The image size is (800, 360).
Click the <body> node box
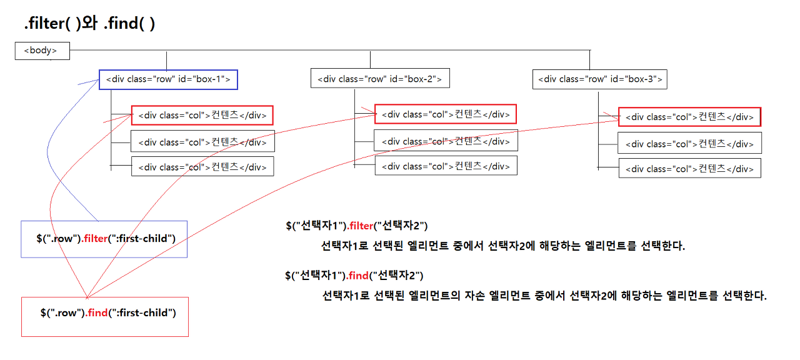point(42,51)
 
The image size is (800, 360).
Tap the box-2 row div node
point(380,79)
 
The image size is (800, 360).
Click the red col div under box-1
point(202,116)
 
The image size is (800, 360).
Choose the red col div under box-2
point(445,114)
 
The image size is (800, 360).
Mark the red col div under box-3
point(689,117)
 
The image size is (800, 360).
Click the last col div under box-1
point(202,166)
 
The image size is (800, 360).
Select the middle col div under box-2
point(446,141)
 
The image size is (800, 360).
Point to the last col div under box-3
point(690,168)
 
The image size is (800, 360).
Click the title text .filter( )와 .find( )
point(89,24)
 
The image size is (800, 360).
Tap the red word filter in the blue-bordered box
point(94,238)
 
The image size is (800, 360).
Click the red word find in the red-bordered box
point(97,312)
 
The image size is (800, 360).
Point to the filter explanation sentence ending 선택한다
point(503,246)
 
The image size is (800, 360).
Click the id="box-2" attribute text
point(416,79)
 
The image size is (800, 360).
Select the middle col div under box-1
point(202,142)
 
